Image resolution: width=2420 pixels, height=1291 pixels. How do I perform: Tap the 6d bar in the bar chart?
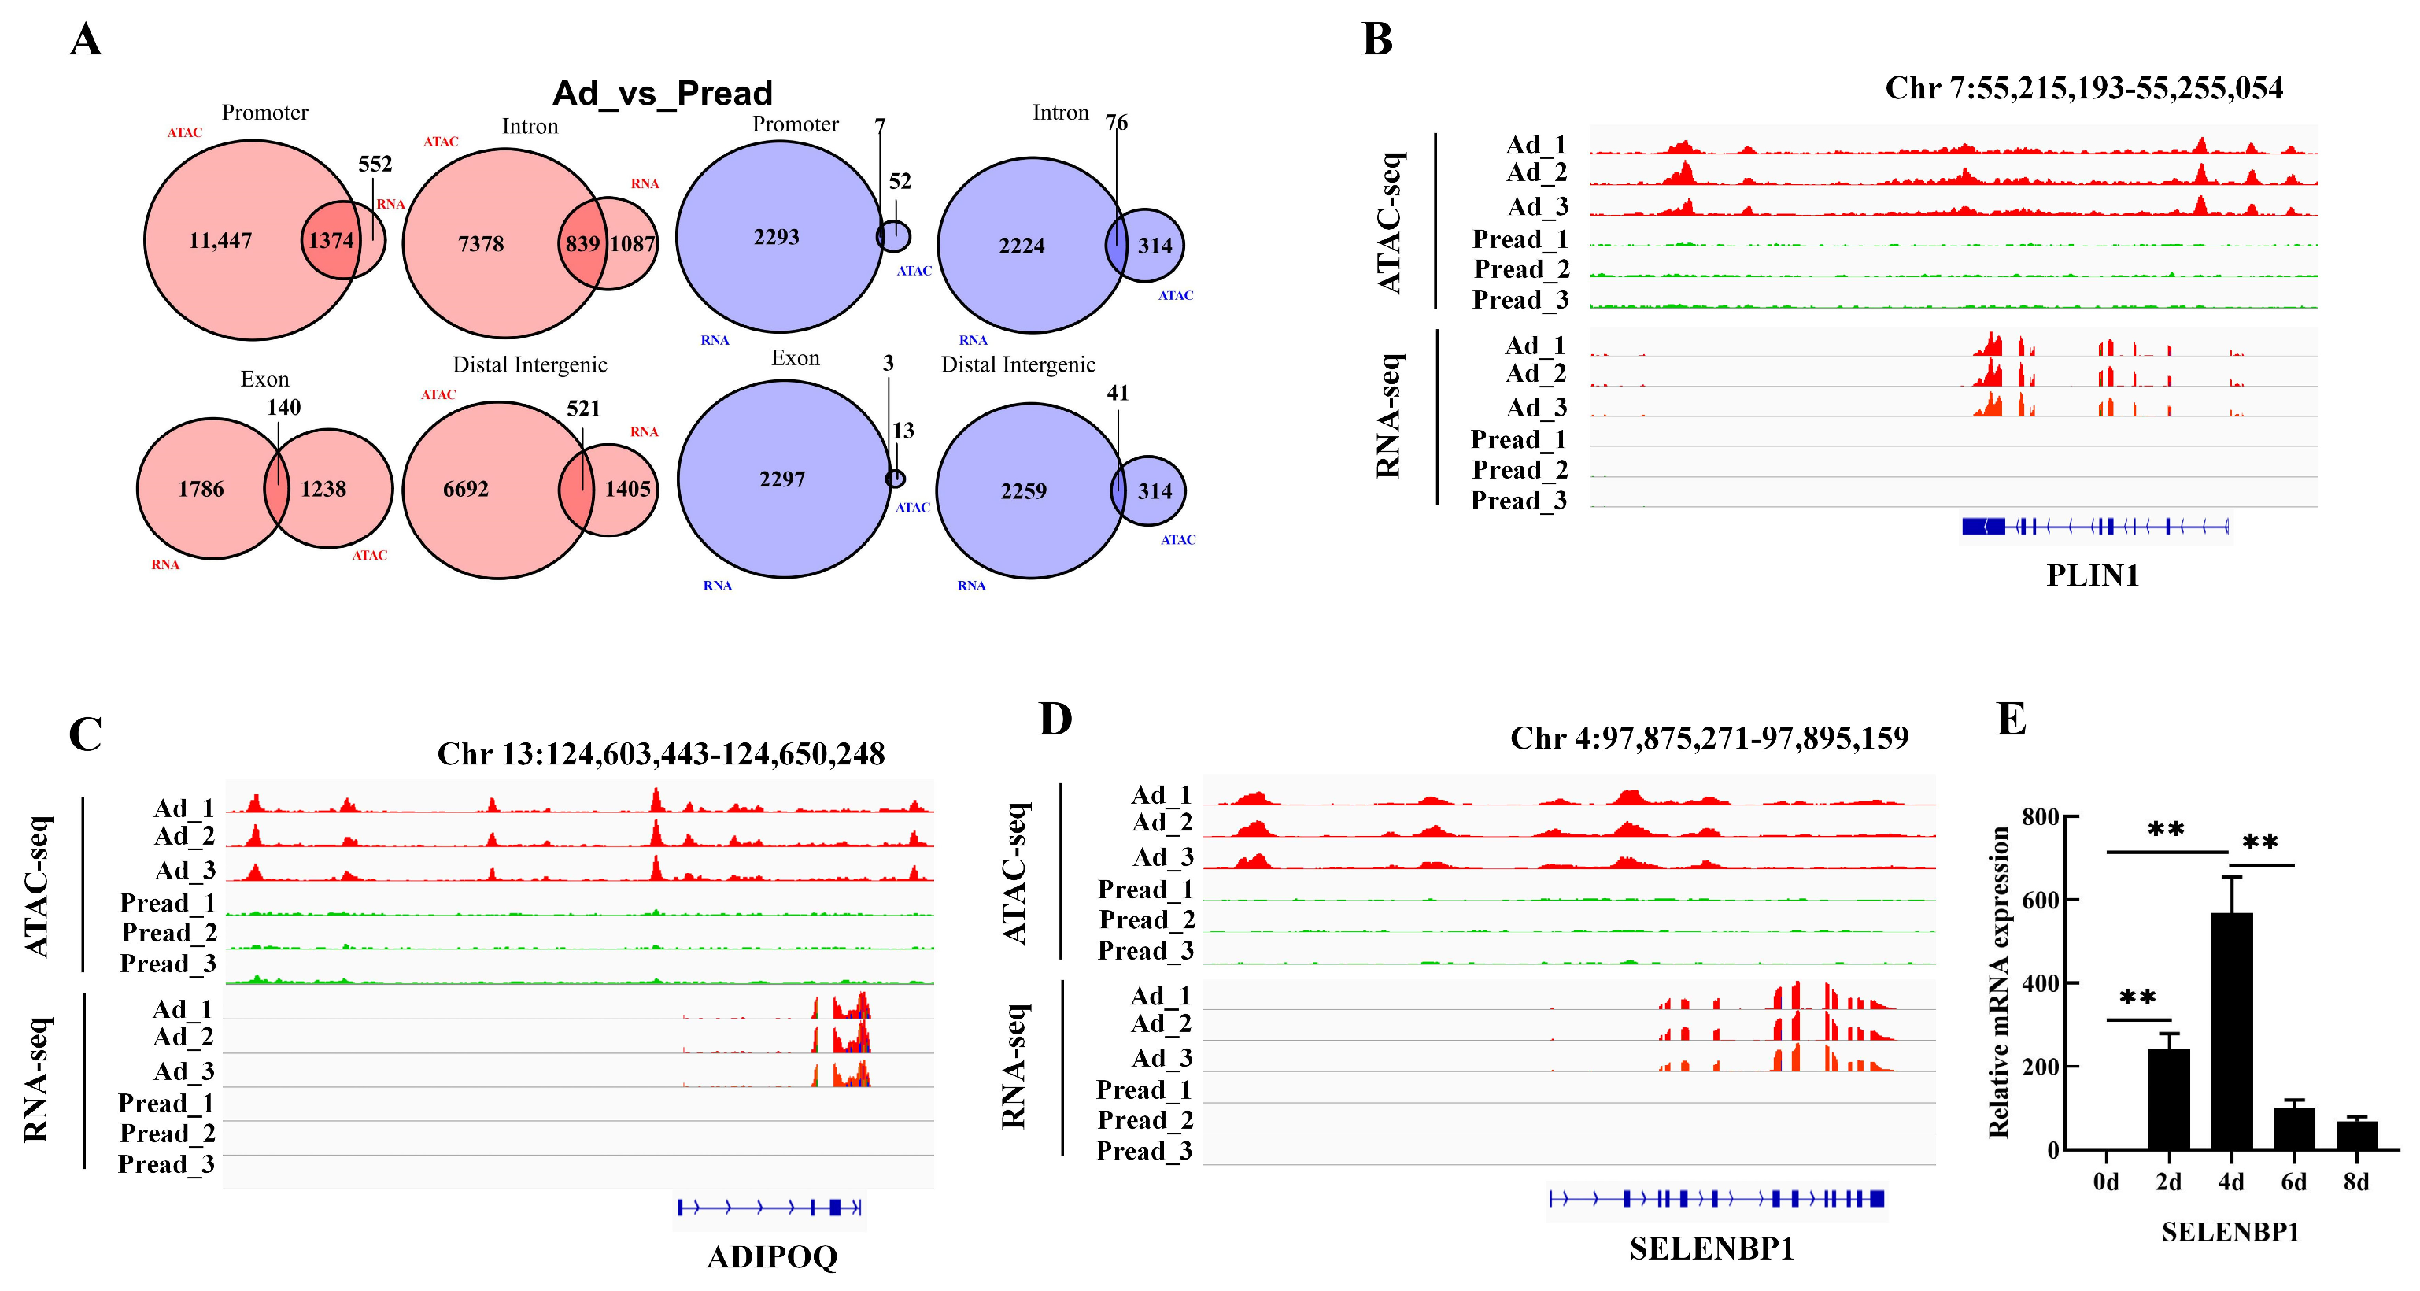(x=2293, y=1129)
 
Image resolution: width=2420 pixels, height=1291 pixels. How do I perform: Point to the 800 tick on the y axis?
(x=2040, y=817)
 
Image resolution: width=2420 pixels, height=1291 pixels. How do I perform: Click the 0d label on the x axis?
(x=2105, y=1182)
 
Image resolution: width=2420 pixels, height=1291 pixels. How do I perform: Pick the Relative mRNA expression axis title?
(x=1998, y=982)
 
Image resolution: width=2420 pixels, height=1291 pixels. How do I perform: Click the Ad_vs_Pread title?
(x=663, y=93)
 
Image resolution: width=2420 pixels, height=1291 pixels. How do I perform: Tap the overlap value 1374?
(x=331, y=241)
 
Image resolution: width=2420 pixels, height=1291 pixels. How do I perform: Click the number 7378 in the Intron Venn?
(x=480, y=244)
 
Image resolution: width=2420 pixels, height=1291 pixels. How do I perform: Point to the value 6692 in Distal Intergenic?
(x=465, y=489)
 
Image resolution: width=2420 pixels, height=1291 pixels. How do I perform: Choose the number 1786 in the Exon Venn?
(x=200, y=489)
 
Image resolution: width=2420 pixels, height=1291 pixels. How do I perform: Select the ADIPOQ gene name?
(x=771, y=1256)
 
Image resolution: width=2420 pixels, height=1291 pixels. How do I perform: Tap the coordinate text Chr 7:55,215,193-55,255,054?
(x=2084, y=88)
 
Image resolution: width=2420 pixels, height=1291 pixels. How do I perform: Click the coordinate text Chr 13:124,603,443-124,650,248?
(x=660, y=753)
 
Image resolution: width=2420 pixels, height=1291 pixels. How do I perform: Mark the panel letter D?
(x=1055, y=719)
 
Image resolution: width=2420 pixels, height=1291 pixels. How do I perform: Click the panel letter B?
(x=1376, y=39)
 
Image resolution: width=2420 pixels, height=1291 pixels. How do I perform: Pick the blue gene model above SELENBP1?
(x=1716, y=1198)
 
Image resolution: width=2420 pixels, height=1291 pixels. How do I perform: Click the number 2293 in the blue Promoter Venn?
(x=776, y=237)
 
